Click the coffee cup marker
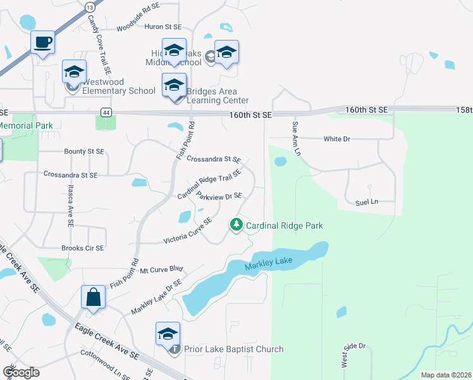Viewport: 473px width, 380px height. pos(43,43)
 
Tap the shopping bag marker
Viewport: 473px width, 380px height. pos(93,298)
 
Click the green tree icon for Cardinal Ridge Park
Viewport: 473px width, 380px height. pos(236,224)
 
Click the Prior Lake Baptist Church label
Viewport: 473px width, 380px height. pos(233,349)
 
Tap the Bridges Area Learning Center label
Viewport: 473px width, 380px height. pos(218,96)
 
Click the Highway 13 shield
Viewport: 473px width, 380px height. pos(89,6)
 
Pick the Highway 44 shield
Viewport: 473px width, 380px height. pos(106,112)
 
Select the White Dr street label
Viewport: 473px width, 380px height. pos(336,139)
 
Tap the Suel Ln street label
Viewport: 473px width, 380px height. pos(366,202)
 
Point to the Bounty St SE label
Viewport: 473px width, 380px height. pos(84,151)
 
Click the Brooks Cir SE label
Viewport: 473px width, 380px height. pos(82,248)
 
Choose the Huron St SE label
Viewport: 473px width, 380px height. pos(163,27)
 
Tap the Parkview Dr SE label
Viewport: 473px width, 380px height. pos(219,197)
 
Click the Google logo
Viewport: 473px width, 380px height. pos(20,372)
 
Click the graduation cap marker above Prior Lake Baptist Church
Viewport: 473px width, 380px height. pos(168,334)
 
